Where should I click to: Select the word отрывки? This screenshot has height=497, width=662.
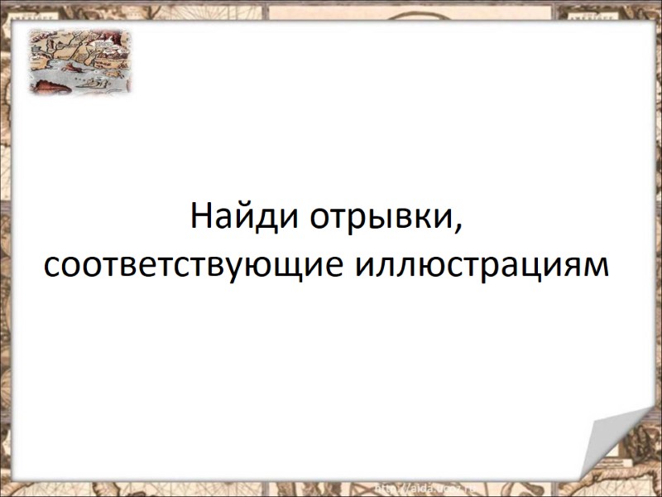point(381,219)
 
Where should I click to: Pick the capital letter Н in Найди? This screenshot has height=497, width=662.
point(199,217)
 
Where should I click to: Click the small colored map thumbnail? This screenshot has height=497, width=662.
point(80,60)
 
